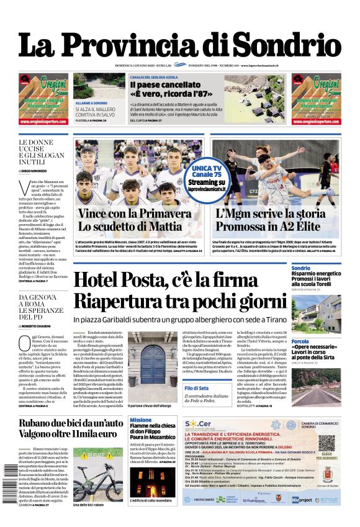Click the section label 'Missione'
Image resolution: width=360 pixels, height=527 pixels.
pyautogui.click(x=140, y=420)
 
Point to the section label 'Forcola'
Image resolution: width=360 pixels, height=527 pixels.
pyautogui.click(x=300, y=341)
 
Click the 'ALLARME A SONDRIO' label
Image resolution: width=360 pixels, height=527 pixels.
pyautogui.click(x=91, y=102)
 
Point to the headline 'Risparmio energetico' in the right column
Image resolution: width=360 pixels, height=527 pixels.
pyautogui.click(x=316, y=273)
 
